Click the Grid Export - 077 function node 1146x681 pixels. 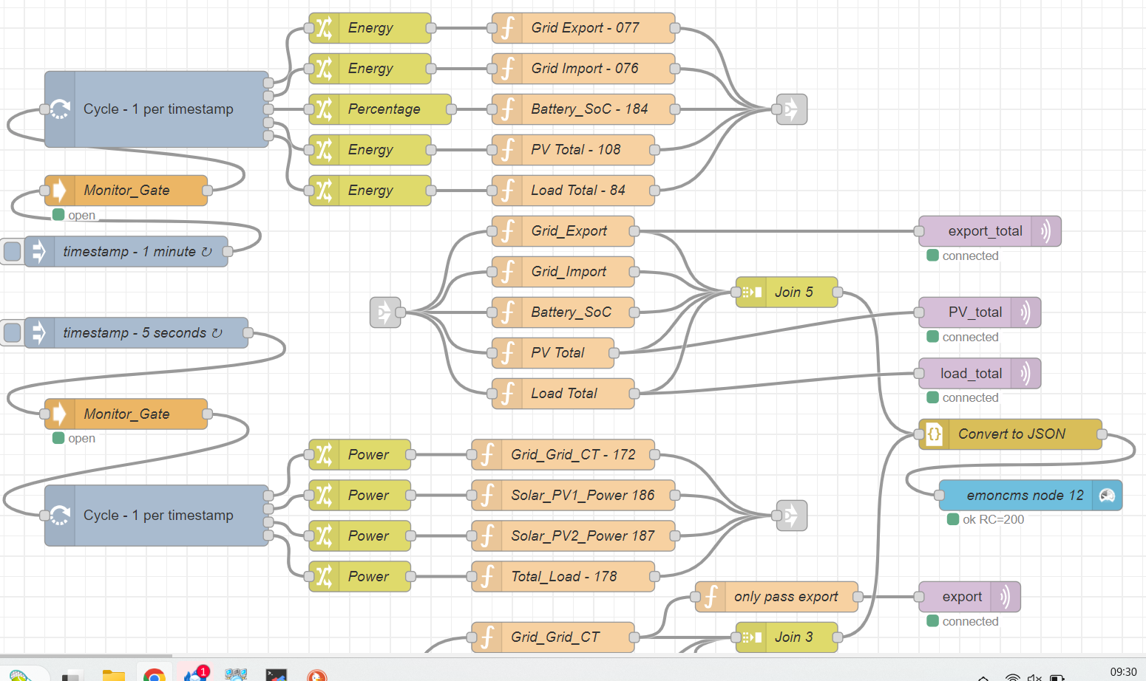(x=583, y=27)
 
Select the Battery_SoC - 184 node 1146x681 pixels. (x=583, y=109)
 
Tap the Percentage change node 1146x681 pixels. (x=380, y=109)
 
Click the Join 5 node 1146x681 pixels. (x=787, y=292)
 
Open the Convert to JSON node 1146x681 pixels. (x=1011, y=434)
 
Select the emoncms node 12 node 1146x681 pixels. (x=1031, y=495)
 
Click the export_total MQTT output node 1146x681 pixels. (x=990, y=231)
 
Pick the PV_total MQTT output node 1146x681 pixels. (x=980, y=312)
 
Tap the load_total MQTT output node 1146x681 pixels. (x=980, y=373)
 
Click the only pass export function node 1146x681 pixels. (x=776, y=596)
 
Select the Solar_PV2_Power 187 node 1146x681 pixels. (x=573, y=535)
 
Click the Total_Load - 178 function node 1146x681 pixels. (x=563, y=576)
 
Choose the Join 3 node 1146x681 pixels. (x=787, y=637)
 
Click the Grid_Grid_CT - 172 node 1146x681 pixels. (x=563, y=454)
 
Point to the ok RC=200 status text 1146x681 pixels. (x=993, y=519)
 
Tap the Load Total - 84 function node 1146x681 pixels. (x=573, y=190)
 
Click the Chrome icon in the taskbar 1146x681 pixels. (x=154, y=675)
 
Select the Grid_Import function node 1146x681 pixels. (x=563, y=272)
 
